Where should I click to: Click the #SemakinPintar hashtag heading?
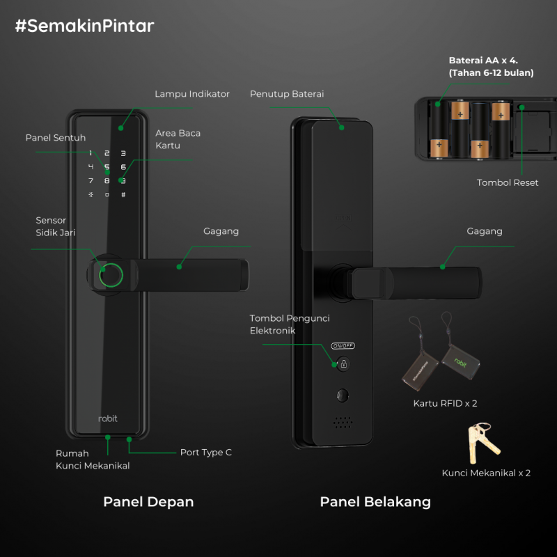(84, 26)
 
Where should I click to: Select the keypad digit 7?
(91, 181)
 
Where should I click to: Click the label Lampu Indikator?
(192, 94)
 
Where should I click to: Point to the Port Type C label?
(205, 452)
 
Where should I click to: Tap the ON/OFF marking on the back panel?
(343, 345)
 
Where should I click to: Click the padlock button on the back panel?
(343, 363)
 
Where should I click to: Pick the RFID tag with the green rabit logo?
(461, 363)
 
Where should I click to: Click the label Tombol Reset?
(508, 182)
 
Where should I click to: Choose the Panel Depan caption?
(148, 502)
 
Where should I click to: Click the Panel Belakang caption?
(375, 502)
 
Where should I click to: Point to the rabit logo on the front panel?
(108, 418)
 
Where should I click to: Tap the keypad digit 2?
(107, 153)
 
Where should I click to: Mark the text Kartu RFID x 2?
(445, 403)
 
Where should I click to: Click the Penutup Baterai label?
(287, 94)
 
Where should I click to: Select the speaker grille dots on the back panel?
(343, 423)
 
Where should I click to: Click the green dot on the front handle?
(179, 267)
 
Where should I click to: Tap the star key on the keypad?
(91, 195)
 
